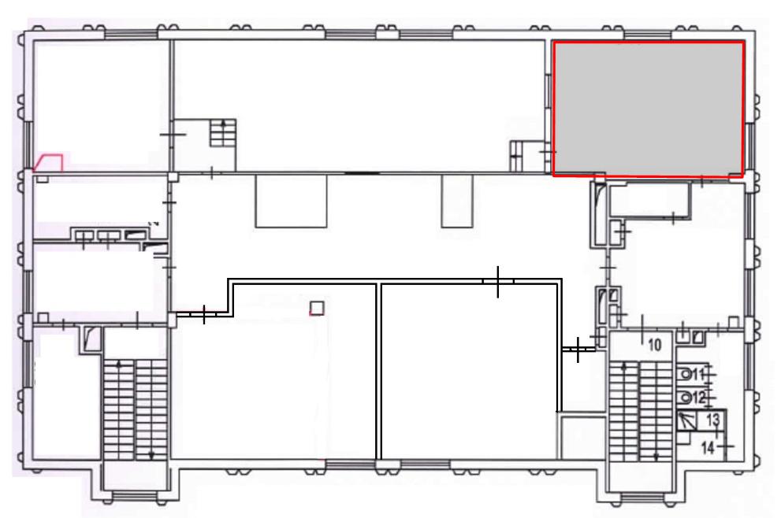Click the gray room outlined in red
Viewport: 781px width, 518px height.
point(649,109)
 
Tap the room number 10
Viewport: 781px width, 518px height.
point(654,344)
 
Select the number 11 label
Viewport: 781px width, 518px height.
point(698,374)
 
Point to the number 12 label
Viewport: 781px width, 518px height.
point(699,398)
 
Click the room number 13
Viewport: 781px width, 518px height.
point(713,420)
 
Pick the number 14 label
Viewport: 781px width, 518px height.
point(708,447)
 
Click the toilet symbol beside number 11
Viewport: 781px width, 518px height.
point(686,374)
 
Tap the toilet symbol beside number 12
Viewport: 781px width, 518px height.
point(686,398)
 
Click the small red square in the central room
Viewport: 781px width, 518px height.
point(317,308)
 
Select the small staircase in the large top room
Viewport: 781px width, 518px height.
point(223,133)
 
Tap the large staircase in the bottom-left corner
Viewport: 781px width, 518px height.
point(135,410)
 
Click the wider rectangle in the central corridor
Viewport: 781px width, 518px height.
point(291,201)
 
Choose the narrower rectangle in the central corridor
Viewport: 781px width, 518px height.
point(457,201)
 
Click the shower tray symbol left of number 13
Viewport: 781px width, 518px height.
point(687,421)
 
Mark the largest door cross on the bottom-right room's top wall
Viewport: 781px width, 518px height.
point(498,282)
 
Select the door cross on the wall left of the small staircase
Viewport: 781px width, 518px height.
point(173,135)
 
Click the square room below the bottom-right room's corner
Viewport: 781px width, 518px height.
point(582,438)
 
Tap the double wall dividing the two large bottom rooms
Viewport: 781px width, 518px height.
point(378,372)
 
